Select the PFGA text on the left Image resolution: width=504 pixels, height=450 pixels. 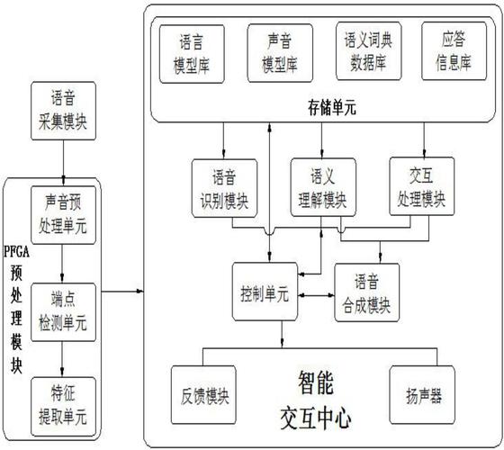point(19,249)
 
